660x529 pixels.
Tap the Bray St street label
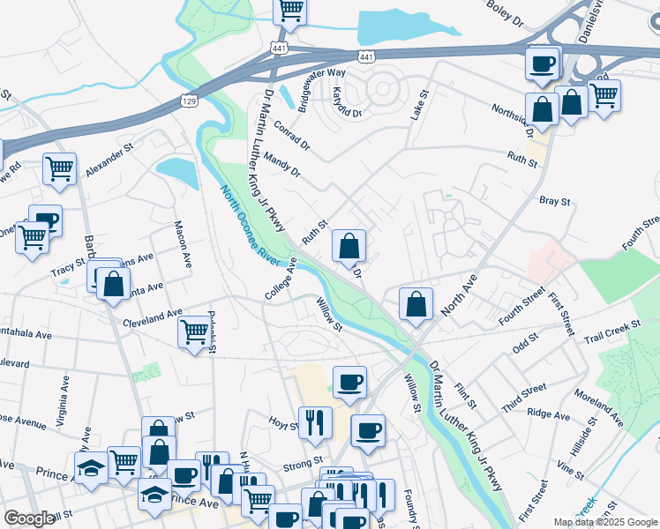pos(554,202)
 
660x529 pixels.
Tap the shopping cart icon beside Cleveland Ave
pos(194,332)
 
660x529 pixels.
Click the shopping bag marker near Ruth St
pos(349,245)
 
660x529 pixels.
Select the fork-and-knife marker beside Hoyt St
pos(314,422)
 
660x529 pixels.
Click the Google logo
pos(28,518)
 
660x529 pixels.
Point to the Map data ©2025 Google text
pos(604,522)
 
